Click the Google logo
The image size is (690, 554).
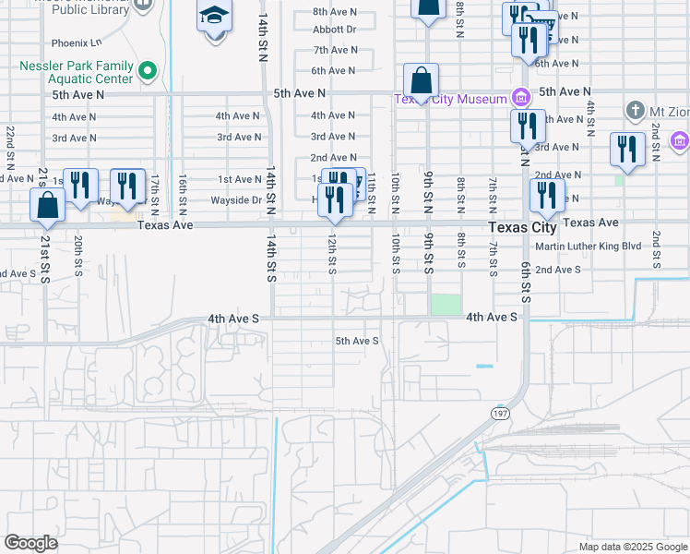pos(31,543)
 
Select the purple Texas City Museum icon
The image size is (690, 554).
pos(521,98)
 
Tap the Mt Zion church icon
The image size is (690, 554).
pos(634,111)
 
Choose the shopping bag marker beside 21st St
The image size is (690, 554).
pos(47,205)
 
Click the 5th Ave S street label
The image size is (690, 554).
pos(357,341)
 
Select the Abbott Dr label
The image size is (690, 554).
pos(334,29)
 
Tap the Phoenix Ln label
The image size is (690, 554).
pos(76,42)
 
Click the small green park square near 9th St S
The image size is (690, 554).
pos(446,304)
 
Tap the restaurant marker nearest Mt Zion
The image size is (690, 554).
pos(627,151)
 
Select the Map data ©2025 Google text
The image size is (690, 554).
pos(632,547)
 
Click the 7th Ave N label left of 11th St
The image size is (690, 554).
pos(334,50)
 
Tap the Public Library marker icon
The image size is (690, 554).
pos(143,5)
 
